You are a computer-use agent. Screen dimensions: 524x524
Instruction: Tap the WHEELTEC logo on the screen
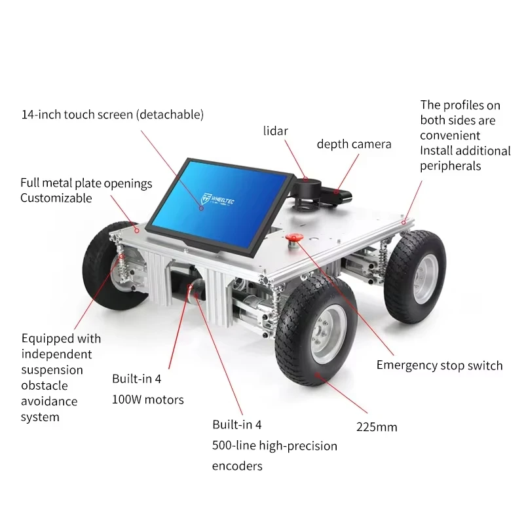[x=217, y=200]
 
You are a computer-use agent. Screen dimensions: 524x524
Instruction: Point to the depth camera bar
[x=337, y=195]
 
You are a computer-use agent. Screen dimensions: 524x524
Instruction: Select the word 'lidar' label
[x=275, y=131]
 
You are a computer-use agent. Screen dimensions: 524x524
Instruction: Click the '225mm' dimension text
[x=377, y=427]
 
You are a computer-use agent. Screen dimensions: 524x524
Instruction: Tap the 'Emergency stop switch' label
[x=440, y=365]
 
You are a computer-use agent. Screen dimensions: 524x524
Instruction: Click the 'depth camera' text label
[x=354, y=144]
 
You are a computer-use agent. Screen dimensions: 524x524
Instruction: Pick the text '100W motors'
[x=148, y=400]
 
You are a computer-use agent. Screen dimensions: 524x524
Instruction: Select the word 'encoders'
[x=237, y=466]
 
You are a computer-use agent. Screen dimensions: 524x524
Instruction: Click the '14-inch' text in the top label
[x=41, y=115]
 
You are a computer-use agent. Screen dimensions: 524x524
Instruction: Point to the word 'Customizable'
[x=56, y=198]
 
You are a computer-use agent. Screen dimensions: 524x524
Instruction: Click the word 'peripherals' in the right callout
[x=451, y=166]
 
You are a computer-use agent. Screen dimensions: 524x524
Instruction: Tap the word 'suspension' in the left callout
[x=52, y=370]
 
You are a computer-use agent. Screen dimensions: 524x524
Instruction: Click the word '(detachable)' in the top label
[x=170, y=115]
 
